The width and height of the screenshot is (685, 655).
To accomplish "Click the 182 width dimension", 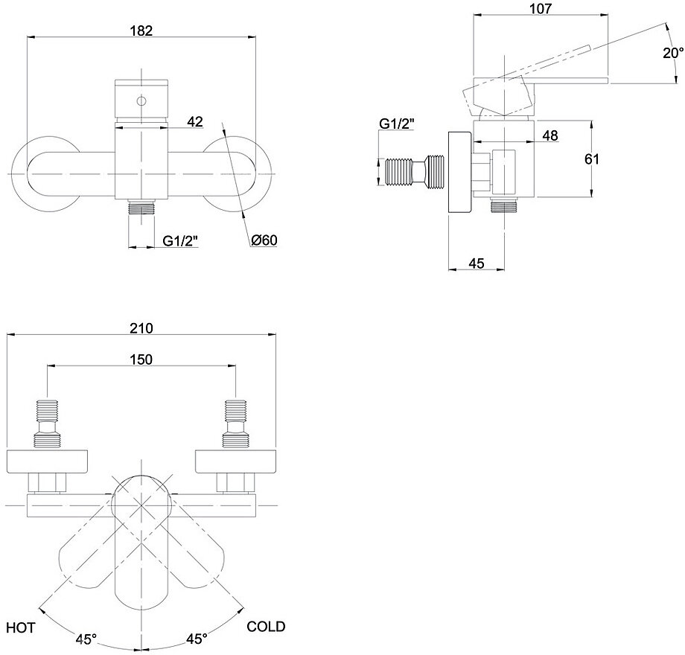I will (141, 31).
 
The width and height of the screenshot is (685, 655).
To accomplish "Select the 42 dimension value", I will (195, 122).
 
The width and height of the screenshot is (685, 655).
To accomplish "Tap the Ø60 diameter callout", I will (264, 240).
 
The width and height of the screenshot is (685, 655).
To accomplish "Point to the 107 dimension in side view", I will (541, 9).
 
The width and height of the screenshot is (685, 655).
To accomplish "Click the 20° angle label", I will (673, 53).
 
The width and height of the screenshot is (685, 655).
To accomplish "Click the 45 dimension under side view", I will (477, 262).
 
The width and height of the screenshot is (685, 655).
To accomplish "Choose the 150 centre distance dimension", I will (141, 359).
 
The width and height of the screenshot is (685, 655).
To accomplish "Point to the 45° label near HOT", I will (86, 639).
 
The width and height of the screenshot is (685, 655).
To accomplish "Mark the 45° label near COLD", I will (197, 639).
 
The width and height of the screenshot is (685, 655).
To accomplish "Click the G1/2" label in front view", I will (179, 240).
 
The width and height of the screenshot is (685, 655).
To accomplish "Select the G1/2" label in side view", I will (396, 124).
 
